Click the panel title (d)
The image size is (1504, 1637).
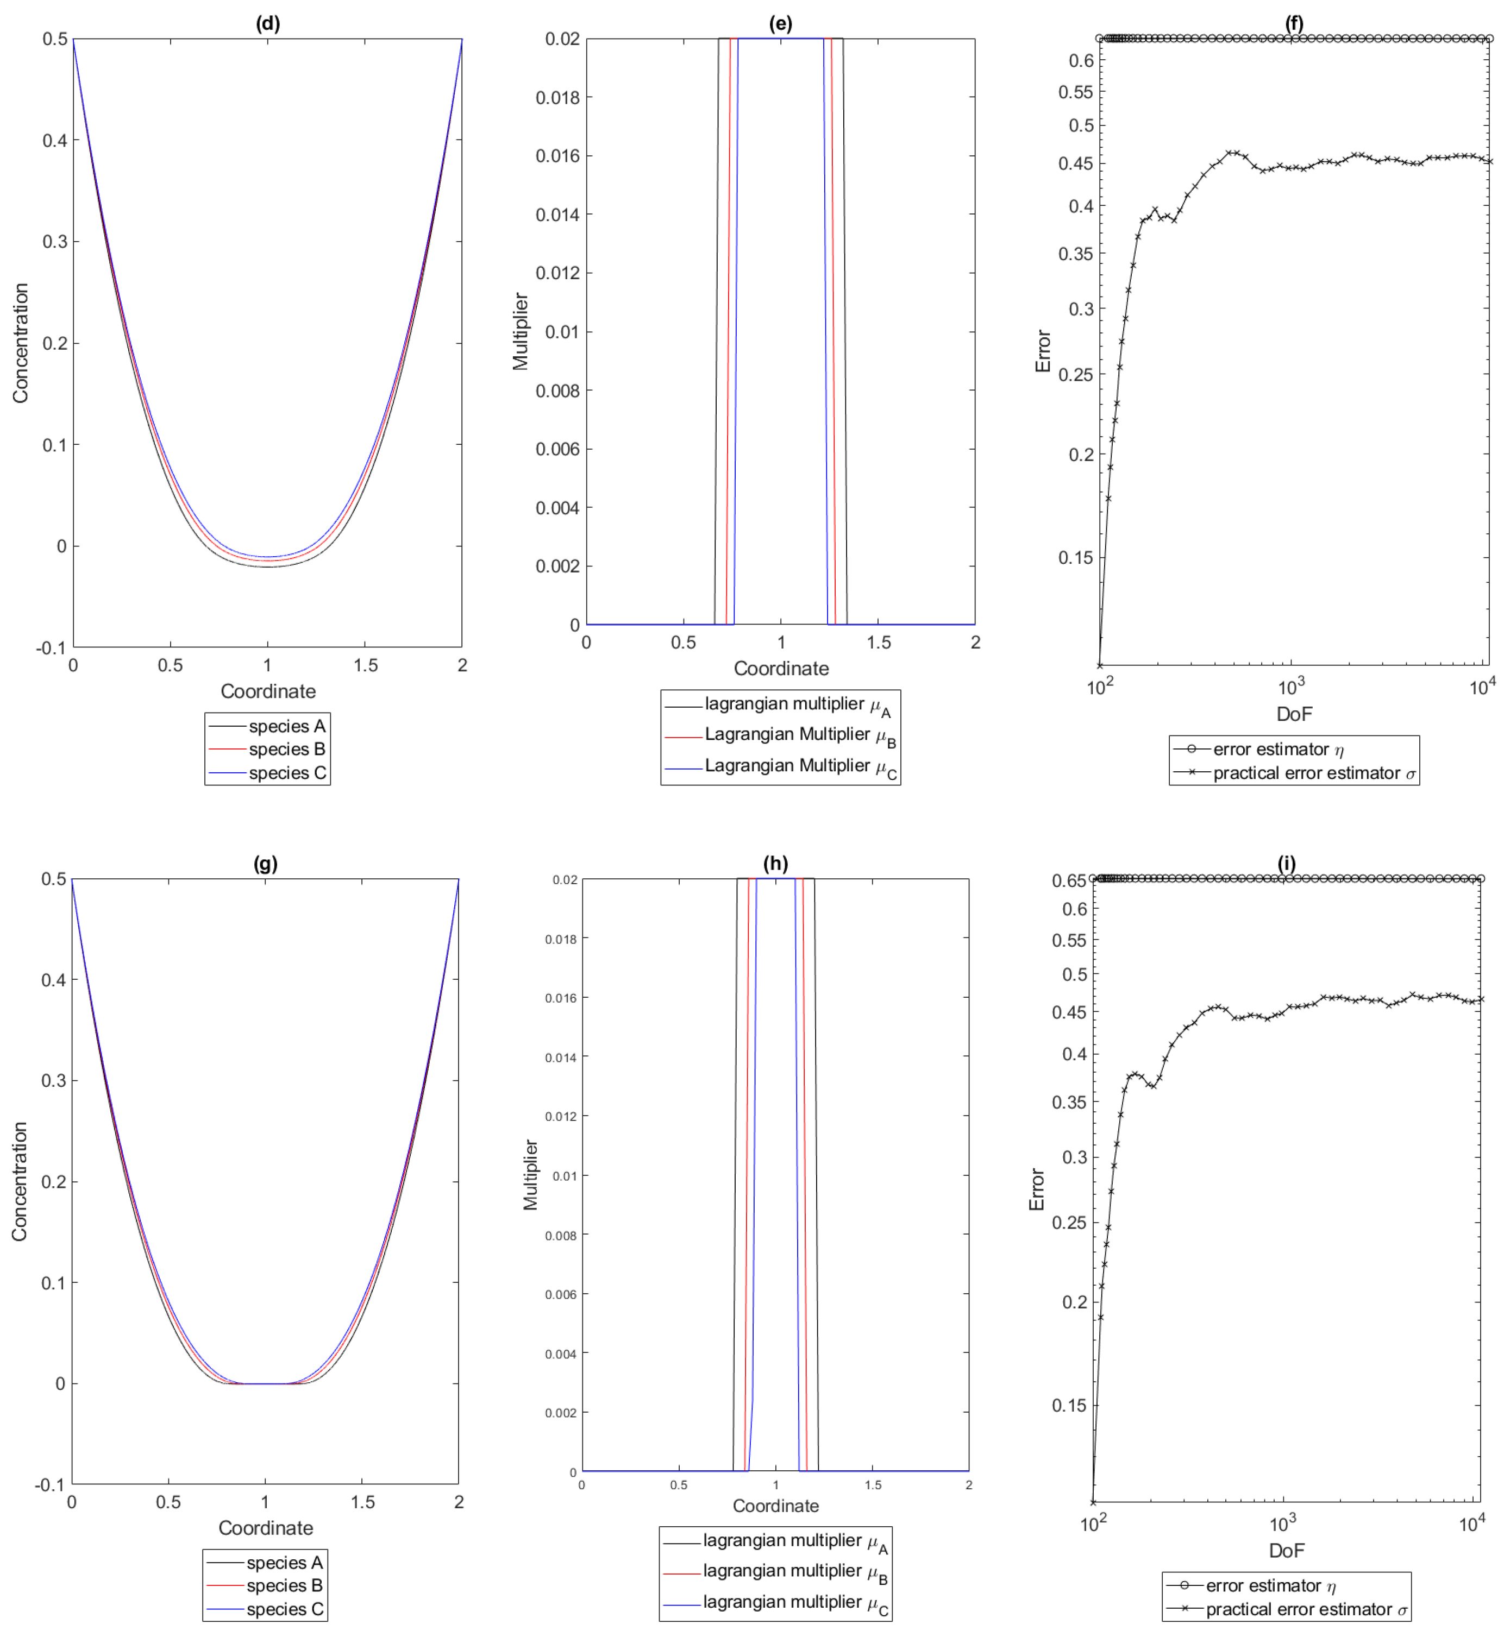[268, 23]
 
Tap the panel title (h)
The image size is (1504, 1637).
[775, 862]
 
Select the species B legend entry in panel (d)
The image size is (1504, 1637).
[286, 748]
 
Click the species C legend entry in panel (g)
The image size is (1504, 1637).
[284, 1609]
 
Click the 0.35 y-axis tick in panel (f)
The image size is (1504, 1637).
[1076, 254]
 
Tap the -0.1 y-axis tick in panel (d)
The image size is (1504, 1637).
[51, 648]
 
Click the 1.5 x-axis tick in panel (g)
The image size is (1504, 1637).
[363, 1502]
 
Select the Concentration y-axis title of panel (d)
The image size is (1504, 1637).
[20, 343]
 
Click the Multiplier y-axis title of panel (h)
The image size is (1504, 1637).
[531, 1174]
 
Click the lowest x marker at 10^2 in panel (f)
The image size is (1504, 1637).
[1100, 665]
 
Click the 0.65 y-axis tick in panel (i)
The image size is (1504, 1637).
[1069, 880]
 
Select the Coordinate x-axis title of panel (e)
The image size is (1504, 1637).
[780, 668]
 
